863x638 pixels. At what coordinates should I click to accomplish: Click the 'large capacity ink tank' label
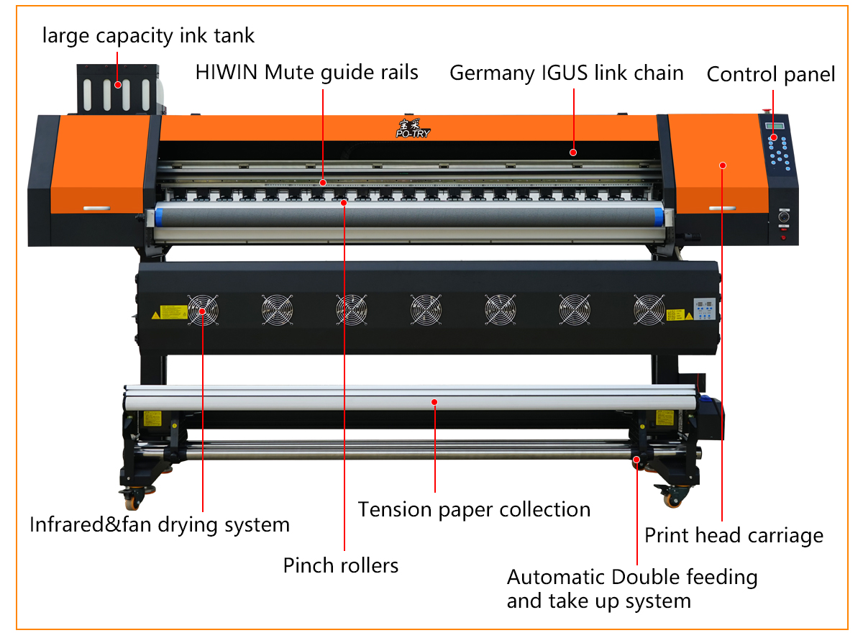tap(148, 35)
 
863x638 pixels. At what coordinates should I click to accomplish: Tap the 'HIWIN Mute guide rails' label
tap(307, 72)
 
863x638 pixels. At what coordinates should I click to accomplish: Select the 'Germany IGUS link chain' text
tap(566, 73)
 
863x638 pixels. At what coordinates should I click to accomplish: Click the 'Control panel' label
tap(771, 75)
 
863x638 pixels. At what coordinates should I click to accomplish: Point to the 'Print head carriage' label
tap(734, 535)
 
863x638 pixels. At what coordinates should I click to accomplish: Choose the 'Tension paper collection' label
tap(474, 509)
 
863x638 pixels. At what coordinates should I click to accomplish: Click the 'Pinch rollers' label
tap(341, 565)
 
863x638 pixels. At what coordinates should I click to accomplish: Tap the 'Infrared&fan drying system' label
tap(160, 524)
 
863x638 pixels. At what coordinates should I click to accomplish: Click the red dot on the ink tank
tap(116, 85)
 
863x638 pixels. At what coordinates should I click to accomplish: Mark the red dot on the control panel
tap(773, 137)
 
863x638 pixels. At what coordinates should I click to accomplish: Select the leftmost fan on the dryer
tap(202, 311)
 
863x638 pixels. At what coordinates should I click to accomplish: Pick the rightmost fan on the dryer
tap(649, 310)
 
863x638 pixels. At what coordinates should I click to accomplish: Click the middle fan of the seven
tap(426, 310)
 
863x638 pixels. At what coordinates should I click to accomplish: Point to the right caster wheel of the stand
tap(670, 496)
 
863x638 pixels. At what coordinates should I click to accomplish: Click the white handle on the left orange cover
tap(98, 209)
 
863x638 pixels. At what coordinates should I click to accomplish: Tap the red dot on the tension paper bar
tap(434, 402)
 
